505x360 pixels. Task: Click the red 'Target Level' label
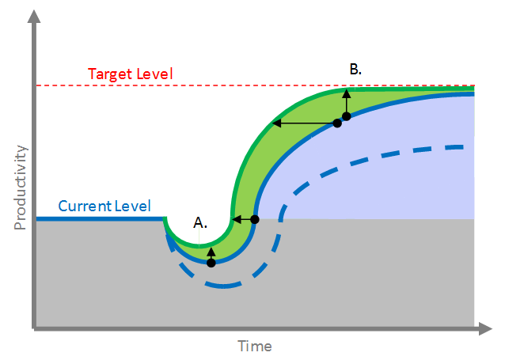(x=130, y=74)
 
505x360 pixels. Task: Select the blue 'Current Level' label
(x=104, y=207)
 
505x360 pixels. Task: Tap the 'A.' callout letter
(x=200, y=222)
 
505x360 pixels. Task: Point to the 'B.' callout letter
(x=355, y=69)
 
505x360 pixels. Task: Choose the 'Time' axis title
(x=255, y=347)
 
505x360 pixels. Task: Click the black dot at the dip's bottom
(x=211, y=263)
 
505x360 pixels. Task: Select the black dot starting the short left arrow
(x=254, y=219)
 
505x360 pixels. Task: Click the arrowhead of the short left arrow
(x=235, y=219)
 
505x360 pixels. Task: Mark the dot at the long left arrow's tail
(x=337, y=123)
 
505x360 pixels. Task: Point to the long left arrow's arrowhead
(x=275, y=123)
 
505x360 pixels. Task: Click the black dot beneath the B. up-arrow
(x=346, y=116)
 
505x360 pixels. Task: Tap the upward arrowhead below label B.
(x=346, y=93)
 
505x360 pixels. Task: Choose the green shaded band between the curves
(x=261, y=158)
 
